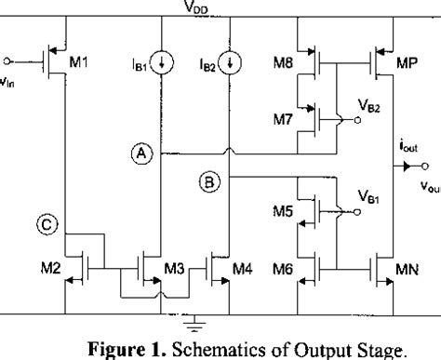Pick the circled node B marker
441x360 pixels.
208,183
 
